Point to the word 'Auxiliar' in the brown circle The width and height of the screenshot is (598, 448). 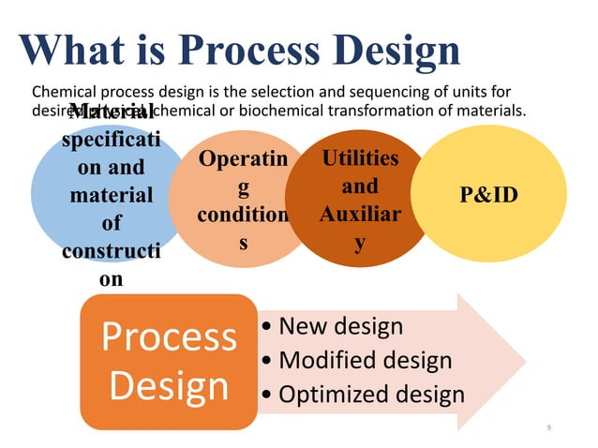(359, 215)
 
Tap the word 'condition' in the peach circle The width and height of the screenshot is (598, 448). (243, 215)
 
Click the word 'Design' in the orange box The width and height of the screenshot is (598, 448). (169, 386)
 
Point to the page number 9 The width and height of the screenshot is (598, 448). (549, 427)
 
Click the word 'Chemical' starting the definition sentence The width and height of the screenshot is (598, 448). (63, 93)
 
